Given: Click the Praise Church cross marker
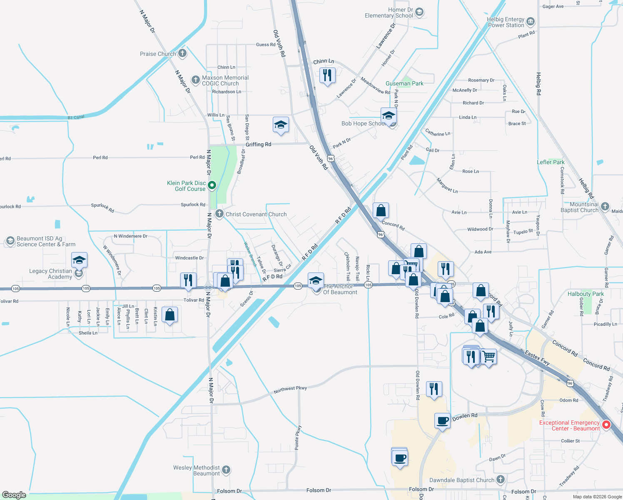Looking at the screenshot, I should coord(182,53).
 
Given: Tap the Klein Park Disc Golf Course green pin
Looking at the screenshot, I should coord(212,185).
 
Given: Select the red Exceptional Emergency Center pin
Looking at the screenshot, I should coord(606,425).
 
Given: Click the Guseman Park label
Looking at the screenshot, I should coord(404,83).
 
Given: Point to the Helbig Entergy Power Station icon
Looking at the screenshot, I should coord(530,22).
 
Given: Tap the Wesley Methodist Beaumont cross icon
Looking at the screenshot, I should coord(226,470).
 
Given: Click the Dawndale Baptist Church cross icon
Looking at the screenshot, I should coord(501,480).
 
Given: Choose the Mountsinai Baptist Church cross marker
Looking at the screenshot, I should coord(605,207).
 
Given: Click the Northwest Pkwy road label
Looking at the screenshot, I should coord(290,390).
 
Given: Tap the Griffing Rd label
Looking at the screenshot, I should coord(258,144).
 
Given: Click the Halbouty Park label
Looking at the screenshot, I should coord(586,294).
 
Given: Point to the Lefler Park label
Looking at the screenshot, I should coord(551,162).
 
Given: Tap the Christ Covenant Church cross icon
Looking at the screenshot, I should coord(219,214).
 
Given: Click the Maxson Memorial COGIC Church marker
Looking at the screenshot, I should coord(196,80).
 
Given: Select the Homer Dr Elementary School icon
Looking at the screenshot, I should coord(419,12).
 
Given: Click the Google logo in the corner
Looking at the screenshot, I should coord(14,495).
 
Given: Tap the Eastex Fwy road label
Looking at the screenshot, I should coord(537,358).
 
